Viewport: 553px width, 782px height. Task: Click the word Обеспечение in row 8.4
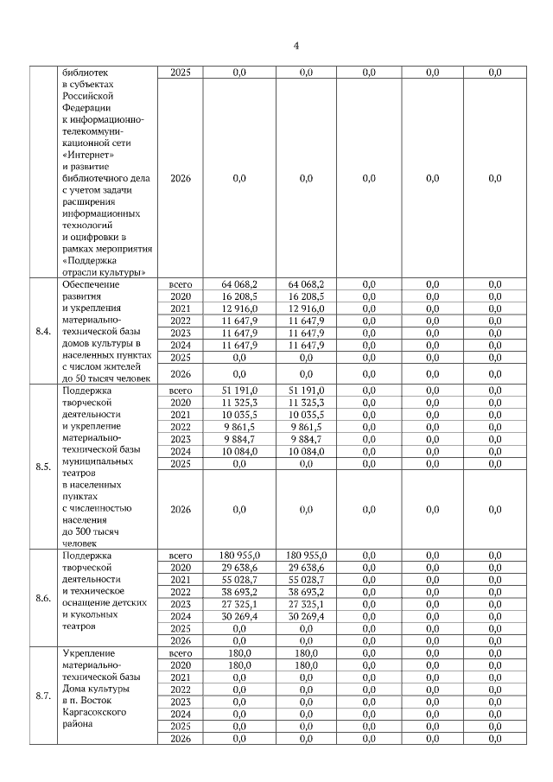(91, 283)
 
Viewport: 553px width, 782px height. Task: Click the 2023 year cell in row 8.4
(181, 332)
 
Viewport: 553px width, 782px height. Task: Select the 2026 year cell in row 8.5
(181, 510)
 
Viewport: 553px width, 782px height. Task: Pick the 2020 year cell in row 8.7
(181, 666)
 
